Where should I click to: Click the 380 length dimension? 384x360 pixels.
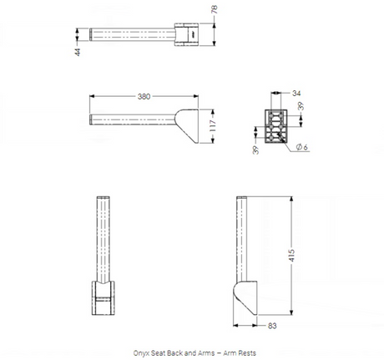coord(144,96)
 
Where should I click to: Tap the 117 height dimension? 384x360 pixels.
coord(213,126)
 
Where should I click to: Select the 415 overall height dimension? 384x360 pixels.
coord(291,256)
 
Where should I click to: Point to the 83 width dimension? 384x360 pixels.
coord(272,326)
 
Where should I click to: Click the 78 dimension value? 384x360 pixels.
coord(215,9)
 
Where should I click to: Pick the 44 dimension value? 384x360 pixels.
coord(78,52)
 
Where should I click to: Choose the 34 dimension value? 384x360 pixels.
coord(296,94)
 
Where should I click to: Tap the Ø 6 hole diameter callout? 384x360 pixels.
coord(302,147)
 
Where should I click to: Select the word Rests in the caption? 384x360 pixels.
coord(246,353)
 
